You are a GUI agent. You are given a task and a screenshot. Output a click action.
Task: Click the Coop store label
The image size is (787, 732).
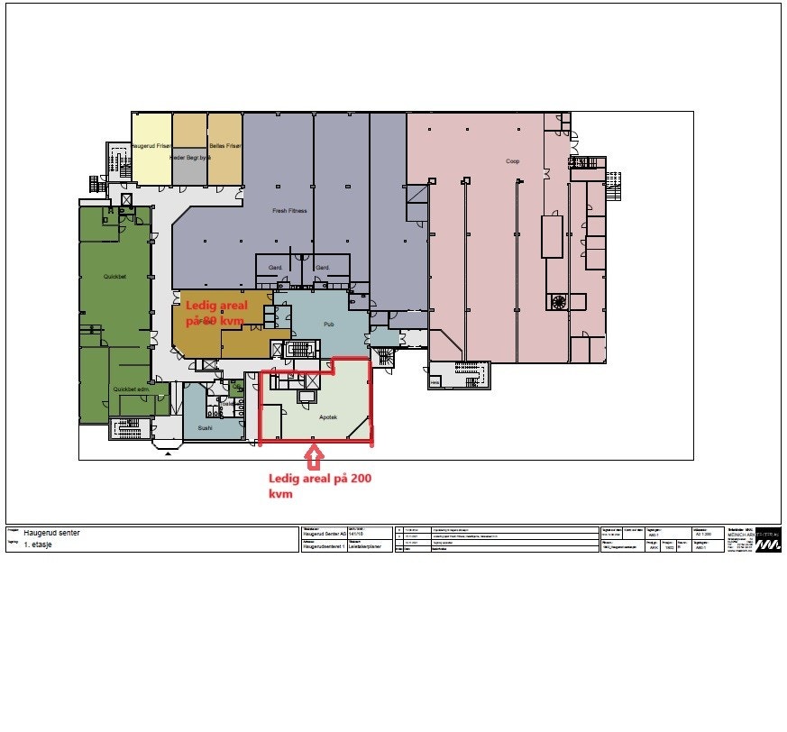(x=512, y=162)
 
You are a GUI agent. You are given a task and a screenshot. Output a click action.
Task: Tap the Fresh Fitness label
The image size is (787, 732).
(x=289, y=211)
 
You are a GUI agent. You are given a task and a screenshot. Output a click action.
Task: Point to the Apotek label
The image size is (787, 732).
(x=328, y=417)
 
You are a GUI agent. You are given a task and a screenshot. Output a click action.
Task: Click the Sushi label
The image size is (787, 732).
(x=205, y=428)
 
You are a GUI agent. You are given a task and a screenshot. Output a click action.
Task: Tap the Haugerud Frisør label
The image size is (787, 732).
(x=151, y=146)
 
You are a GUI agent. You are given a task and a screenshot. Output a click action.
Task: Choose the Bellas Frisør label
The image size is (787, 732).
(x=224, y=146)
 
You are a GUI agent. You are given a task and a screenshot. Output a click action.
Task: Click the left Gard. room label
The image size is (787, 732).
(x=274, y=268)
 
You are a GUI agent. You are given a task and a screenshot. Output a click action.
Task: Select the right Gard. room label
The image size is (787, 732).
(x=322, y=268)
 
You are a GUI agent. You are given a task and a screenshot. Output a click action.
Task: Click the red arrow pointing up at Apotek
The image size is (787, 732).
(x=313, y=457)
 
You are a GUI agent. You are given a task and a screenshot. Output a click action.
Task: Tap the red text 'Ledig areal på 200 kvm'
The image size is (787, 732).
(x=319, y=486)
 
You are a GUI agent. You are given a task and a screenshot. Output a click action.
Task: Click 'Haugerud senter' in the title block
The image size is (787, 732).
(x=51, y=533)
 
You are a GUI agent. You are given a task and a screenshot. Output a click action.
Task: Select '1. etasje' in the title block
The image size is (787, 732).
(x=40, y=545)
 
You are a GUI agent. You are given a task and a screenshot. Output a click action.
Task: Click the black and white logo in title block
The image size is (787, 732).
(x=768, y=539)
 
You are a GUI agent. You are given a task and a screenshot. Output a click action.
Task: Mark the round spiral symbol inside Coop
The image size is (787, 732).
(x=558, y=302)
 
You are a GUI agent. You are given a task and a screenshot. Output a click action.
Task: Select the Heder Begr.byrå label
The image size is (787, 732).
(x=189, y=157)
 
